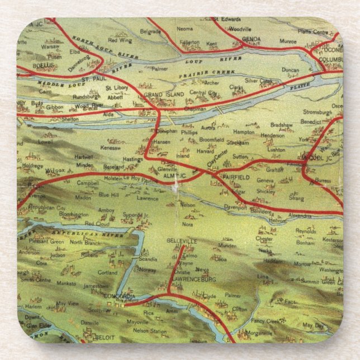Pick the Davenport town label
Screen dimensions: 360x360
235,206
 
